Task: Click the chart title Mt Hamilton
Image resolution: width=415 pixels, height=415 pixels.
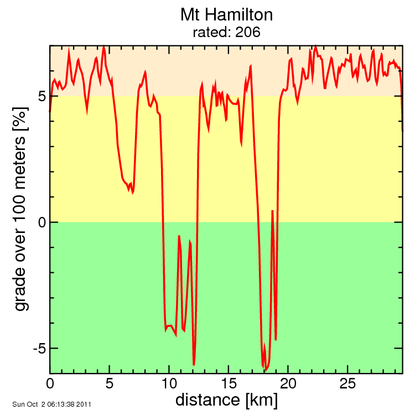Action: point(226,14)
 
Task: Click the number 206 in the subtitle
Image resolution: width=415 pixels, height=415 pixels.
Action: point(248,33)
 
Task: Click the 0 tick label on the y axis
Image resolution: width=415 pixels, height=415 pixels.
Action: point(40,222)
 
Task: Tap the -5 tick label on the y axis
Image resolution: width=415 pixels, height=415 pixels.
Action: point(37,348)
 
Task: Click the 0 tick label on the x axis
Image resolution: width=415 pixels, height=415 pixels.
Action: point(50,383)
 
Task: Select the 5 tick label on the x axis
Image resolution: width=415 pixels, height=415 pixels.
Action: point(110,383)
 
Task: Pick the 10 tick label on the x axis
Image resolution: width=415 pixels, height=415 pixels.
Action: point(169,383)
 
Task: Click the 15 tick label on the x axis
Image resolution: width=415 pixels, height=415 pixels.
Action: point(229,383)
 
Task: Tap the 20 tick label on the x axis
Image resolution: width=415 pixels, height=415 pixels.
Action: point(288,383)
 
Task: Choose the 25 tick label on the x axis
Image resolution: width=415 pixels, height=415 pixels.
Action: point(347,383)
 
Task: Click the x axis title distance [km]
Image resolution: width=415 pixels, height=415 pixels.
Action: point(226,399)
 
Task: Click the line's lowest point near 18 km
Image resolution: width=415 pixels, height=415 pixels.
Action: point(266,370)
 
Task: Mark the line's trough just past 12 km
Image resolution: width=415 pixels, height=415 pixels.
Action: point(194,365)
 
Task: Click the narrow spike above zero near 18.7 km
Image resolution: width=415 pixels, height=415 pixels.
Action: point(272,211)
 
